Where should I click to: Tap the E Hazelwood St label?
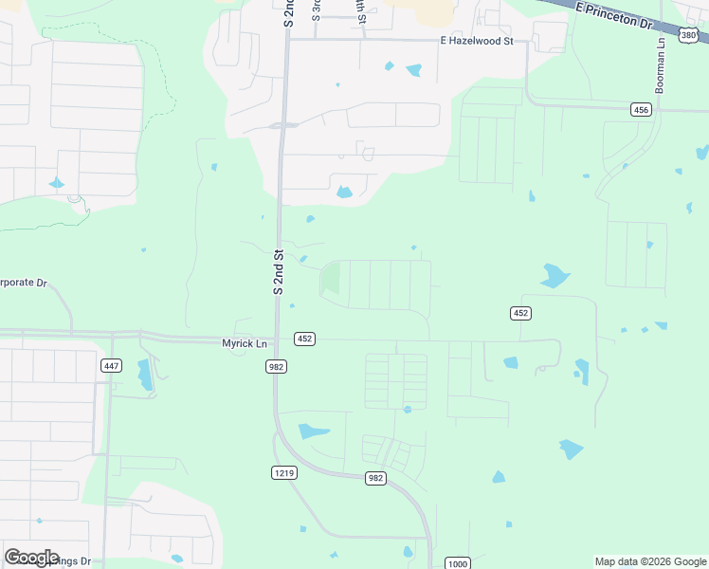pyautogui.click(x=476, y=42)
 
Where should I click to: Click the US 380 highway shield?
pyautogui.click(x=690, y=36)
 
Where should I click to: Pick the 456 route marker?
pyautogui.click(x=642, y=110)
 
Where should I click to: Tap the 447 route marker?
pyautogui.click(x=112, y=365)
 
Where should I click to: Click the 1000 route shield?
pyautogui.click(x=458, y=563)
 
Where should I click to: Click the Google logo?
pyautogui.click(x=31, y=558)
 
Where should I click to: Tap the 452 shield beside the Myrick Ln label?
pyautogui.click(x=304, y=339)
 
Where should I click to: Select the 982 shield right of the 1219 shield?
pyautogui.click(x=375, y=478)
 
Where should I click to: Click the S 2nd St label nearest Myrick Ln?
pyautogui.click(x=279, y=272)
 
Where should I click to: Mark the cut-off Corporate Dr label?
pyautogui.click(x=23, y=283)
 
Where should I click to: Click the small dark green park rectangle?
pyautogui.click(x=331, y=279)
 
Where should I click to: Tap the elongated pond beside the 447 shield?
pyautogui.click(x=145, y=376)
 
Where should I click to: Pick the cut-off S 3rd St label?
pyautogui.click(x=317, y=10)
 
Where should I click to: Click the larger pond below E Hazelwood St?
pyautogui.click(x=414, y=70)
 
